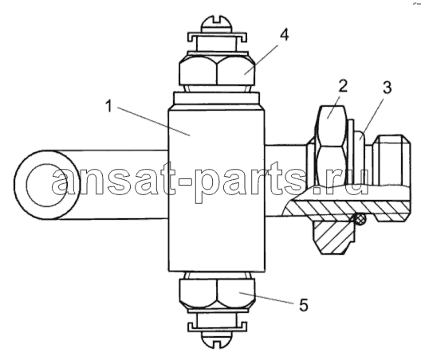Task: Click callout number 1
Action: (x=108, y=106)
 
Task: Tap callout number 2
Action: (x=343, y=86)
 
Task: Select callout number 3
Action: (x=387, y=88)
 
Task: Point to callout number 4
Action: (x=284, y=35)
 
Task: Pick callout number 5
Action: (x=304, y=305)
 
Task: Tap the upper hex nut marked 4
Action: (x=217, y=71)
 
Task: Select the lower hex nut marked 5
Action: (x=217, y=293)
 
